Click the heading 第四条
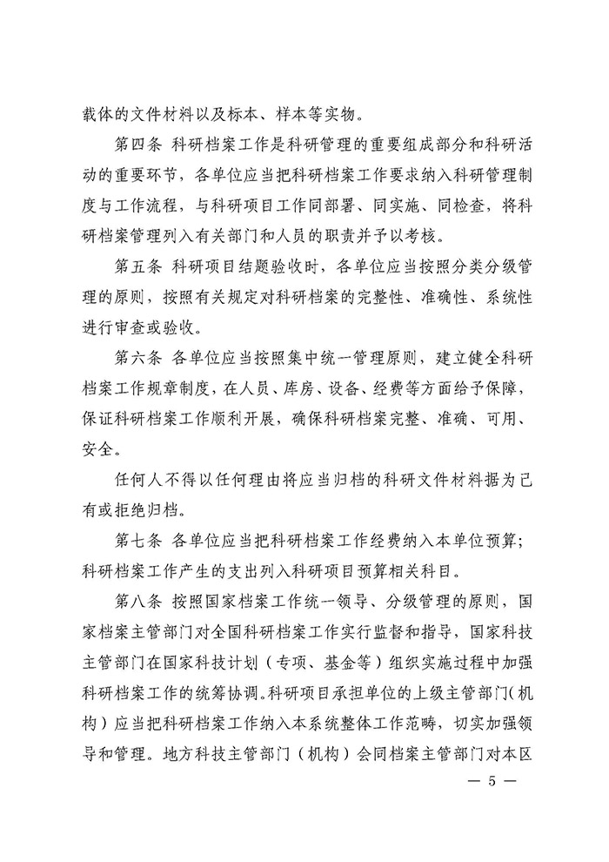point(141,144)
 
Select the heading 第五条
point(141,266)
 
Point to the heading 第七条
point(141,541)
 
